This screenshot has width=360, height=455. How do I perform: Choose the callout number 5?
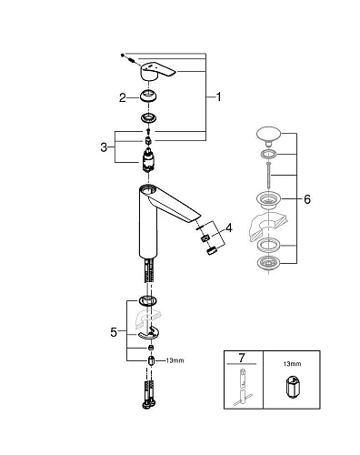coord(114,333)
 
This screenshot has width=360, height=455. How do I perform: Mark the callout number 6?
coord(307,198)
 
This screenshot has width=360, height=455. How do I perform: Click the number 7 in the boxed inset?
coord(242,361)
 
